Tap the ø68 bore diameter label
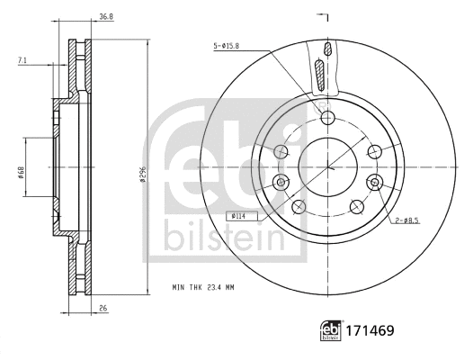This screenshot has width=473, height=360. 20,167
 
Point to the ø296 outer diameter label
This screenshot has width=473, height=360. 141,168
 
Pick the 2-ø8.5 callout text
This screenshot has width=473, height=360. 406,220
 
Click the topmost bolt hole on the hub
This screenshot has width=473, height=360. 326,118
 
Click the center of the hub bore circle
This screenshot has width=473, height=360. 327,167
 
